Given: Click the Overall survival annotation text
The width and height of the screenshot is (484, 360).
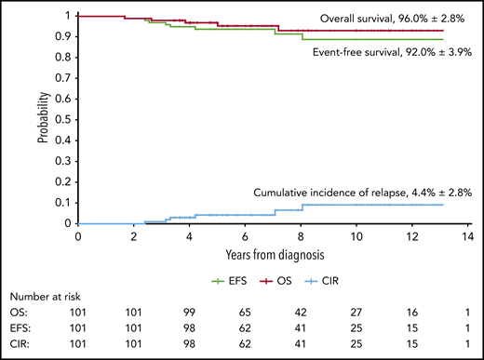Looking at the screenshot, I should tap(388, 19).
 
